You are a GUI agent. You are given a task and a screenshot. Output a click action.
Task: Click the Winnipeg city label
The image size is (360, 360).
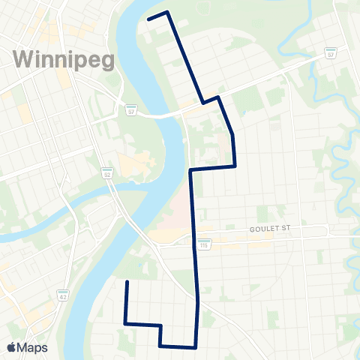tap(63, 59)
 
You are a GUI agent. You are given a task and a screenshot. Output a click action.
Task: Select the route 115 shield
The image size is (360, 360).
tap(204, 244)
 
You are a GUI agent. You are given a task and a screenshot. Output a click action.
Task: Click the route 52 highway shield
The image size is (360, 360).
tap(107, 172)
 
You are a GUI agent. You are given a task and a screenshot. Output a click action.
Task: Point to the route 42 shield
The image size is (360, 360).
tap(64, 295)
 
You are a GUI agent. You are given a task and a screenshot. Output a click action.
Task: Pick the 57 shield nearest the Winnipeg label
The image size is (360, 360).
tap(131, 109)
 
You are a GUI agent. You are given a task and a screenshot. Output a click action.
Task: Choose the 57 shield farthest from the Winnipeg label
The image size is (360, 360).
tap(330, 54)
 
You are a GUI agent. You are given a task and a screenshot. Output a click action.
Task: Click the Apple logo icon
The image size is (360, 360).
tap(12, 347)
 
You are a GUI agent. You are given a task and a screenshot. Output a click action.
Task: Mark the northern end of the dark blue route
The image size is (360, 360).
tap(148, 17)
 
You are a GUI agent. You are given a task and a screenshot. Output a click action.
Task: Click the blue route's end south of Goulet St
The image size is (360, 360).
tap(127, 282)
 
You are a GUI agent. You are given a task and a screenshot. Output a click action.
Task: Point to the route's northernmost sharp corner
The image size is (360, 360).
tap(166, 12)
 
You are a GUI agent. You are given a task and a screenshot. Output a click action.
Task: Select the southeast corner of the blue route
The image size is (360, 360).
tap(195, 347)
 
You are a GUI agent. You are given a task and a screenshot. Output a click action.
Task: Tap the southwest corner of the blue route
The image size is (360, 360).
tap(125, 324)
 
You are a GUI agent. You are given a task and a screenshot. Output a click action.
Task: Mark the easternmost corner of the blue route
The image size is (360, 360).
tap(235, 165)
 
